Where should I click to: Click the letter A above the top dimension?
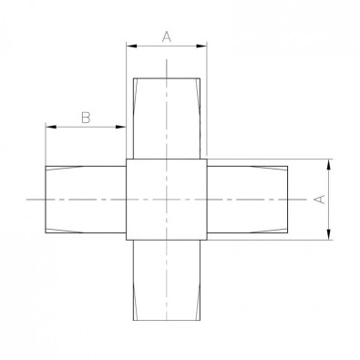(x=167, y=37)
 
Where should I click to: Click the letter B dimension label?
(x=86, y=118)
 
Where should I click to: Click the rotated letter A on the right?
(x=320, y=200)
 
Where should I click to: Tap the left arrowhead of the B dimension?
(x=50, y=127)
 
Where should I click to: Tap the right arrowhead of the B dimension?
(x=120, y=127)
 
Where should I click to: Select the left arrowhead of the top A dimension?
(x=131, y=46)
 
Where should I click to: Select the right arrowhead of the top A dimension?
(x=201, y=46)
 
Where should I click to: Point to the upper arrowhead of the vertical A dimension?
(x=329, y=164)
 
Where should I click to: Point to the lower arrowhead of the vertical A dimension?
(x=329, y=234)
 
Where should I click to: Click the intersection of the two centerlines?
(x=167, y=200)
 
